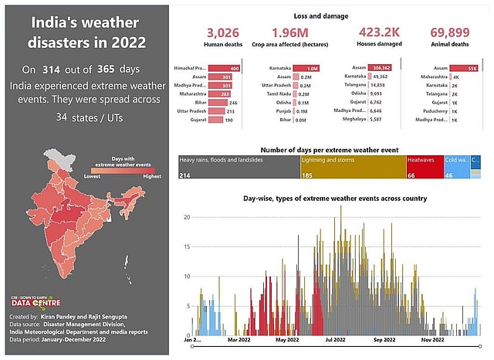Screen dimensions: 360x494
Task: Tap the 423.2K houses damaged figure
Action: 380,32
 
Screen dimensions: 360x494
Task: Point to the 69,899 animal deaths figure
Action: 451,32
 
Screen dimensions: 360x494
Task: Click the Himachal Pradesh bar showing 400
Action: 229,69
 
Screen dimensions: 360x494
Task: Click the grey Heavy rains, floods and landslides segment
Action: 239,166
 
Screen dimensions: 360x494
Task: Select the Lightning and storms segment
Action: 353,166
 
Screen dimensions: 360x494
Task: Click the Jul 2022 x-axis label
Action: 336,339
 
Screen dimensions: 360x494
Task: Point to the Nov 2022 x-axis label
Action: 431,339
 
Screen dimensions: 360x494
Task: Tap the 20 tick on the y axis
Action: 185,217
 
